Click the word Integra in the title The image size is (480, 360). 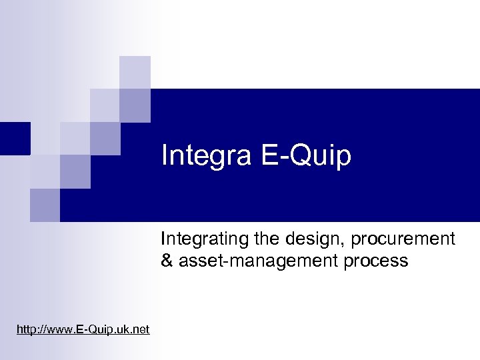click(x=203, y=156)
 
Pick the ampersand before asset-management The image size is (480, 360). click(x=167, y=261)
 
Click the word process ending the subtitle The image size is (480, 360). click(x=375, y=261)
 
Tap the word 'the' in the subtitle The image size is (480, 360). click(x=265, y=239)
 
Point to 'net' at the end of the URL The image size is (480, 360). click(x=141, y=329)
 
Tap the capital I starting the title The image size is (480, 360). click(x=165, y=156)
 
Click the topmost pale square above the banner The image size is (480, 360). click(x=135, y=72)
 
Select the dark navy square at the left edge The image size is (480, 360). click(x=15, y=139)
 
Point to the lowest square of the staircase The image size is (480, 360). click(x=45, y=205)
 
